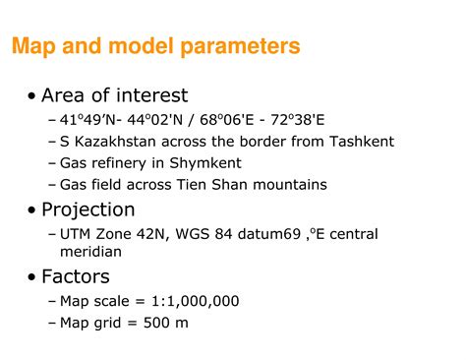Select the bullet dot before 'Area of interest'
pyautogui.click(x=33, y=96)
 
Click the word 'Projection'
pyautogui.click(x=88, y=210)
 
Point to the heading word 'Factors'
pyautogui.click(x=76, y=276)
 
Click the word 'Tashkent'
pyautogui.click(x=362, y=141)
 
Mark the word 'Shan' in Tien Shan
pyautogui.click(x=242, y=184)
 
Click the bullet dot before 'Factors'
pyautogui.click(x=33, y=276)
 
